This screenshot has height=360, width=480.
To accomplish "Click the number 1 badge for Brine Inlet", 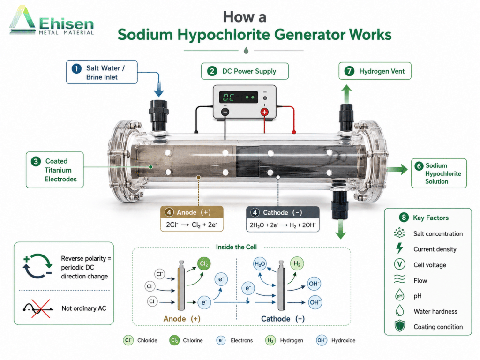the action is coord(76,68).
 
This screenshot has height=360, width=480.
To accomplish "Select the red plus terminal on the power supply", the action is coord(264,112).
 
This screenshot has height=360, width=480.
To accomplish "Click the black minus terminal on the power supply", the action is coord(225,112).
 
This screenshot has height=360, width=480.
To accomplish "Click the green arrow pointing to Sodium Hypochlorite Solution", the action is coord(397,169).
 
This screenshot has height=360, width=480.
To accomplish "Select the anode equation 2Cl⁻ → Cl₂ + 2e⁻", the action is coord(192,225).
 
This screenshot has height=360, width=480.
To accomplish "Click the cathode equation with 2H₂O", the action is coord(283,225).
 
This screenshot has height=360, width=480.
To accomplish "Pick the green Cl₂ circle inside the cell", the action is coord(204,263).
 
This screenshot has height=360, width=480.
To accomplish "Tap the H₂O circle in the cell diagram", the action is coord(260,264).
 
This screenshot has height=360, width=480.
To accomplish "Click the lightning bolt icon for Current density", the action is coord(399,248).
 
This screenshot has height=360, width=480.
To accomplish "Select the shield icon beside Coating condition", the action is coord(399,326).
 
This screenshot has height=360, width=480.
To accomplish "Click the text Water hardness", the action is coord(435,312).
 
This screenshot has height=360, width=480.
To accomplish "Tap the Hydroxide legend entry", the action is coord(336,340).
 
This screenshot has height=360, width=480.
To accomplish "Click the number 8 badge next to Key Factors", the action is coord(404,217).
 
